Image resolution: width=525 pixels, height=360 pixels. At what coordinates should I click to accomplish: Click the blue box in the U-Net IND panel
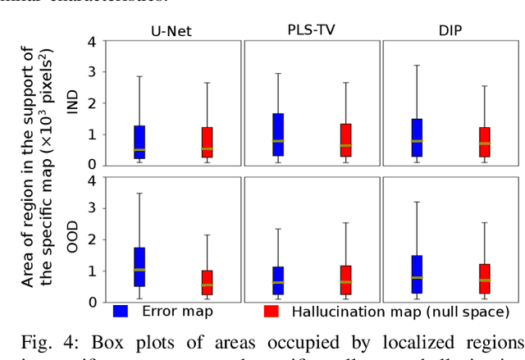pos(139,142)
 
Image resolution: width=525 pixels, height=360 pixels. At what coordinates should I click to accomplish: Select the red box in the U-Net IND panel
pos(207,143)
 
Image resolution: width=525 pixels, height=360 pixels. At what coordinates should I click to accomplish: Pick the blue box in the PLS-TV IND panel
pos(278,134)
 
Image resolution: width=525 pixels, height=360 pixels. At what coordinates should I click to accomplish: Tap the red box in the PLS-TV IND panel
pos(345,140)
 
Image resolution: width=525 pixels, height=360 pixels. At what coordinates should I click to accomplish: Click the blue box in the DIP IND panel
pos(417,138)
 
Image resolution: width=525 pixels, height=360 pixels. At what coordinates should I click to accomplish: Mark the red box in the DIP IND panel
pos(484,142)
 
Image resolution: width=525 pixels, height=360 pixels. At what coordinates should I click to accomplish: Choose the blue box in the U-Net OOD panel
pos(139,267)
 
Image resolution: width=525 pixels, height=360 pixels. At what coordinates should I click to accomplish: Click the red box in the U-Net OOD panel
pos(207,282)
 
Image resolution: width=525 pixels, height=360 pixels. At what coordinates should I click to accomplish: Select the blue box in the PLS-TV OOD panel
pos(278,280)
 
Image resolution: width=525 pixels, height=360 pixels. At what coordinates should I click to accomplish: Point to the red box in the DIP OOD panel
pos(484,279)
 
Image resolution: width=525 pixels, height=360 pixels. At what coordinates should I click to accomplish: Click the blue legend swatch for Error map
pos(121,312)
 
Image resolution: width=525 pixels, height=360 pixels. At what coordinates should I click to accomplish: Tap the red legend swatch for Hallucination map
pos(272,312)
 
